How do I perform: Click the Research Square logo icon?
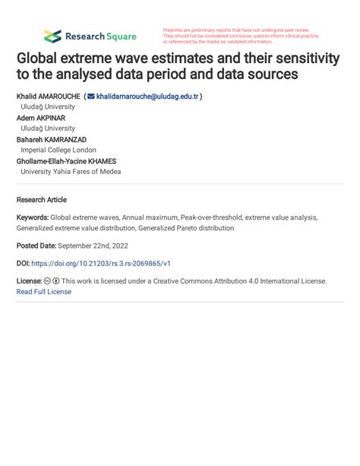[x=52, y=36]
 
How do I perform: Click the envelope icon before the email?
[x=91, y=97]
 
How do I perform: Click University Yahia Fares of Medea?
[x=71, y=172]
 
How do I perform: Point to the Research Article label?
[x=41, y=200]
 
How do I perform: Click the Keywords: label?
[x=33, y=217]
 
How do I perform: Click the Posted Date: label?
[x=38, y=246]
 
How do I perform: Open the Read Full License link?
[x=43, y=292]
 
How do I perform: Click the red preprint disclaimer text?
[x=241, y=36]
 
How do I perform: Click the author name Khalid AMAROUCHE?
[x=48, y=97]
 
